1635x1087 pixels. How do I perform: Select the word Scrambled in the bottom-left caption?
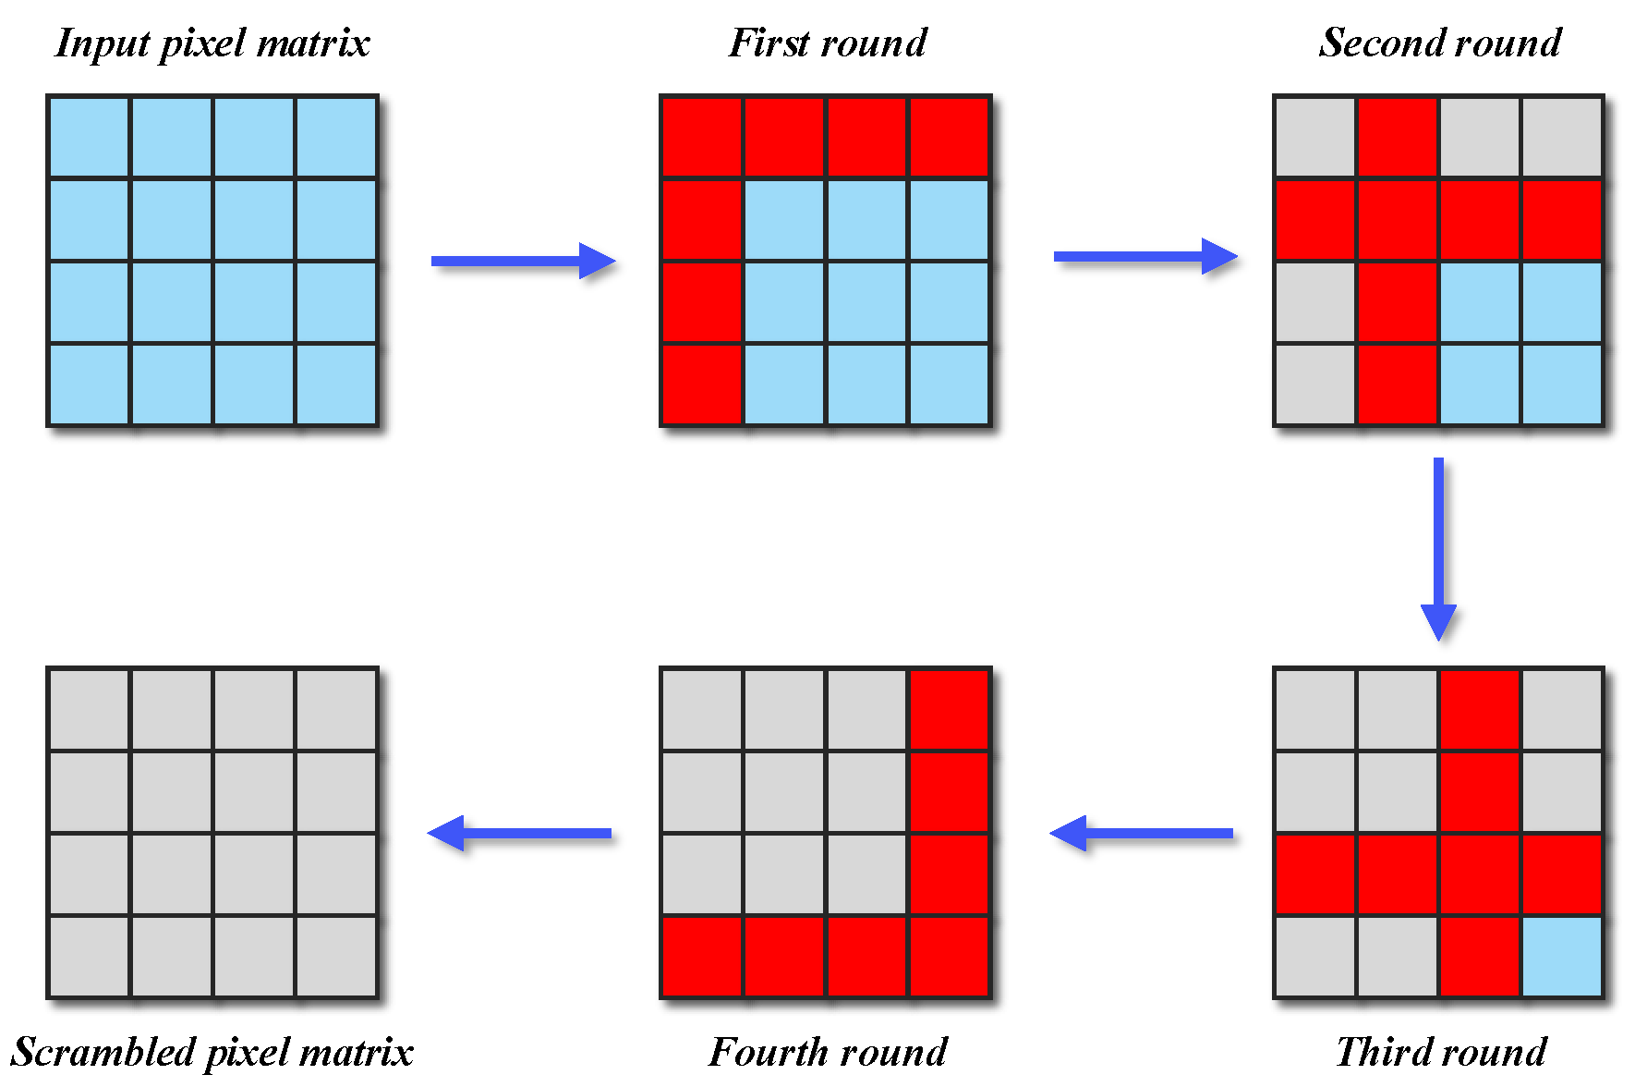click(100, 1053)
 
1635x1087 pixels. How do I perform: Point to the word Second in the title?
click(1369, 43)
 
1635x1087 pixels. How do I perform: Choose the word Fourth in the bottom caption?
click(768, 1052)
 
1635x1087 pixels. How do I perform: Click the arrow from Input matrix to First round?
click(523, 261)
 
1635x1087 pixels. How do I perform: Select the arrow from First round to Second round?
click(1145, 256)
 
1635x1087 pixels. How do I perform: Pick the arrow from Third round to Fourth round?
click(1142, 833)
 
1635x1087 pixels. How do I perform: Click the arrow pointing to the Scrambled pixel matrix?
click(520, 833)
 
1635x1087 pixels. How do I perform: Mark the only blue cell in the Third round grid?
click(1562, 957)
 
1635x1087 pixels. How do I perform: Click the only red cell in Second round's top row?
click(1398, 137)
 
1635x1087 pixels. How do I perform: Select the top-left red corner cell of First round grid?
click(702, 137)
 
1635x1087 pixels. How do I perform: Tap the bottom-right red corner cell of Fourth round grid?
click(950, 957)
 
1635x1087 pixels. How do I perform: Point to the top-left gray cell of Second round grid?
click(1315, 137)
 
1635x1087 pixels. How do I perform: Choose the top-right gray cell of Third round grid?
click(1562, 709)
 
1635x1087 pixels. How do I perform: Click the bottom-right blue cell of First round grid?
click(950, 384)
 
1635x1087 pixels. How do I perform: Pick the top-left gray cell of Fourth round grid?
click(702, 709)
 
